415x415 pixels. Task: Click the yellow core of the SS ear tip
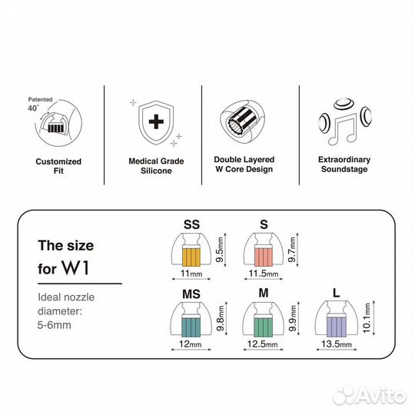click(x=191, y=257)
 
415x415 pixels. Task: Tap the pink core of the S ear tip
click(x=264, y=257)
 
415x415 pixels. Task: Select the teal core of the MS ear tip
click(x=191, y=327)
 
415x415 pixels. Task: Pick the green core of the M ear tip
click(x=264, y=327)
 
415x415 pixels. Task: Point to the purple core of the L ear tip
click(x=337, y=327)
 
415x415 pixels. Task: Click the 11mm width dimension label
click(x=191, y=273)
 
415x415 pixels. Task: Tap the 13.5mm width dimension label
click(x=337, y=344)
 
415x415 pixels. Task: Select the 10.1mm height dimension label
click(x=367, y=318)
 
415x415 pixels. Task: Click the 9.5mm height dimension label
click(x=220, y=250)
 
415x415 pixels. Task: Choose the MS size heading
click(x=191, y=294)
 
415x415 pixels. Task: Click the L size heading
click(x=336, y=293)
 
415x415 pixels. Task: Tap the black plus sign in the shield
click(x=156, y=121)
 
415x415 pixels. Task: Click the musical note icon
click(x=342, y=131)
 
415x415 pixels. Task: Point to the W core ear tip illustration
click(x=243, y=121)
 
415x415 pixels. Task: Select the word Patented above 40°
click(x=40, y=99)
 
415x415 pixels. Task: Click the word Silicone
click(x=156, y=171)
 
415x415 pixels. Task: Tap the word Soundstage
click(x=344, y=169)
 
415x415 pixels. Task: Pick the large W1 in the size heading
click(x=75, y=267)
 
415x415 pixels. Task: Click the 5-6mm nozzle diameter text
click(x=55, y=325)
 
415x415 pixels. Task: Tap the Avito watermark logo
click(x=370, y=396)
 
